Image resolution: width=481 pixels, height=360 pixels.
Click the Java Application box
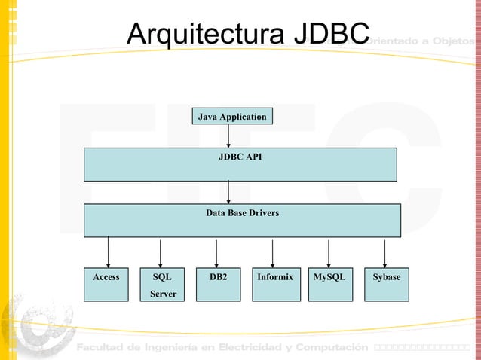[x=231, y=117]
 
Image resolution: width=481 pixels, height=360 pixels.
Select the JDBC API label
[x=240, y=157]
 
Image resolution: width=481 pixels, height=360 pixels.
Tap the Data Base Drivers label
[x=242, y=213]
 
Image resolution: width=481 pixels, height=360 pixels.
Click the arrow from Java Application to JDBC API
[x=228, y=136]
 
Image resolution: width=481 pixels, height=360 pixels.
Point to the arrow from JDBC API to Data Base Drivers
[x=228, y=193]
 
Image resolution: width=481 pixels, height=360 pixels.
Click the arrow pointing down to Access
[x=108, y=252]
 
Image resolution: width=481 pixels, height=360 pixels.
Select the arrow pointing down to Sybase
[x=384, y=252]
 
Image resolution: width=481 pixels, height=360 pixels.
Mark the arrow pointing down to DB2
[x=216, y=252]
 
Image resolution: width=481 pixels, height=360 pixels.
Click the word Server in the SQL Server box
[x=163, y=294]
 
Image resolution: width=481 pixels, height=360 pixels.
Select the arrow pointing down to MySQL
[x=329, y=252]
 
